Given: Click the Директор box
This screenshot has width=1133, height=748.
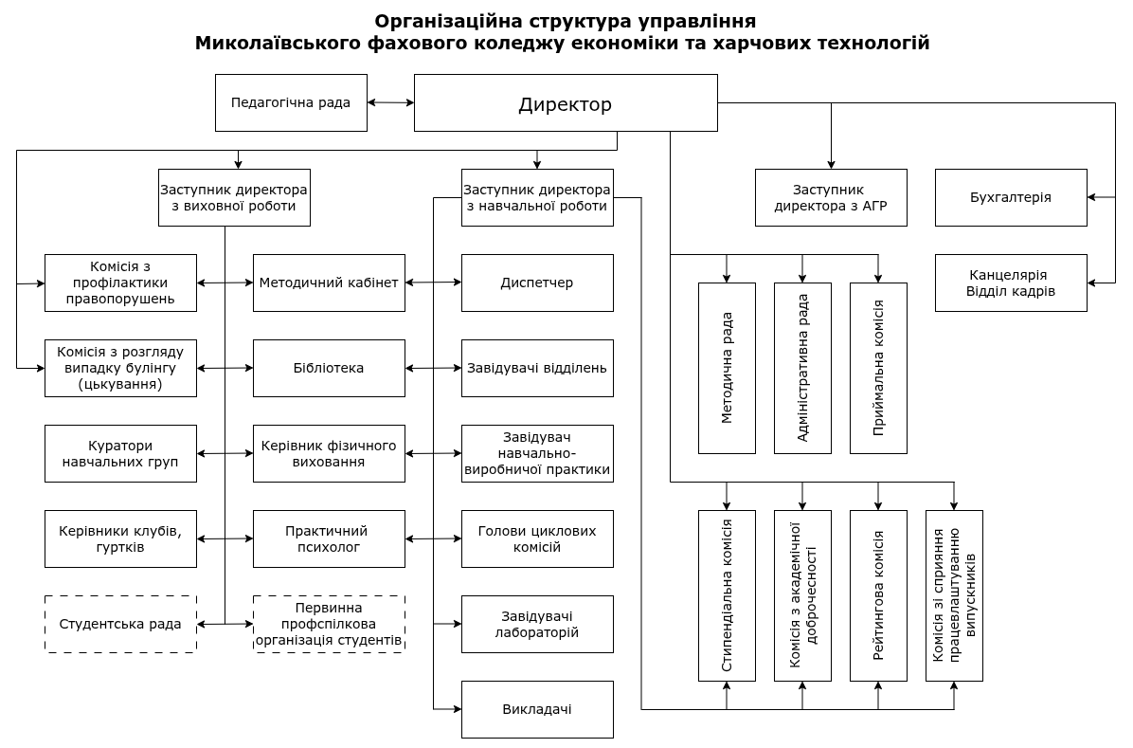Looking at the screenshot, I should pos(566,103).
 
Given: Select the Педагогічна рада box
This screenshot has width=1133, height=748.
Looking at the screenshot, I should pos(291,102).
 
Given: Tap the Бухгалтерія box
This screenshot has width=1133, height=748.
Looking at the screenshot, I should pos(1011,197).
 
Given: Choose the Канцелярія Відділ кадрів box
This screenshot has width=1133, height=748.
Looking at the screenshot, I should pos(1011,283).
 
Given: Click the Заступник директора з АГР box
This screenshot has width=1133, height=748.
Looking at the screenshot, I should pos(831,197).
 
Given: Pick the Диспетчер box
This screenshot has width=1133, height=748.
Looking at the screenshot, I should pos(537,283).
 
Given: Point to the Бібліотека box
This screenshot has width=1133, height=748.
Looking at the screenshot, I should pos(329,368).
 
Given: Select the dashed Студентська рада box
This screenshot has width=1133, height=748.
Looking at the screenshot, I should pos(120,624).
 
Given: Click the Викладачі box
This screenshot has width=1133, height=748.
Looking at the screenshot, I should pos(537,709).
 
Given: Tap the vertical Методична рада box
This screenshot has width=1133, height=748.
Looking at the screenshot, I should pos(727,368).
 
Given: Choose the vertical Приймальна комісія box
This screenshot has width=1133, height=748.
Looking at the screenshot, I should pos(878,368).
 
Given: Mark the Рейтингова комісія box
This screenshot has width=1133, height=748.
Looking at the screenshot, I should pos(878,595).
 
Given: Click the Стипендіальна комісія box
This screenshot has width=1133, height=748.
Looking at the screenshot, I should pos(727,595).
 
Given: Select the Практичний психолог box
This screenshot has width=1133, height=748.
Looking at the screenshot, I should pos(329,538).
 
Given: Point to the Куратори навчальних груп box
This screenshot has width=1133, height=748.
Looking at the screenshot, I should pos(120,453).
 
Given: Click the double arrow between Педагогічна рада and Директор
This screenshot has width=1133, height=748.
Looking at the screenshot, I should pos(390,102).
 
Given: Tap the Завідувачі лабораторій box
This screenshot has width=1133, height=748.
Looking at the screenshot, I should pos(537,624).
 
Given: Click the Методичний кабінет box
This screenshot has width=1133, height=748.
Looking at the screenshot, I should pos(329,283).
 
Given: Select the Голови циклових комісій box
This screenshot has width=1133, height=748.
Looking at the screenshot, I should pos(537,538).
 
